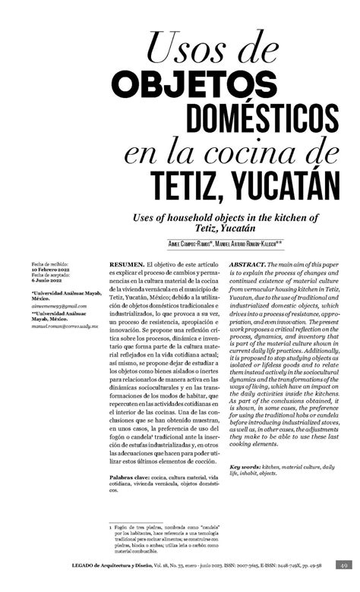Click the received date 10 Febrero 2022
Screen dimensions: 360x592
point(53,269)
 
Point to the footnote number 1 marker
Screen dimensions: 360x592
point(111,524)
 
